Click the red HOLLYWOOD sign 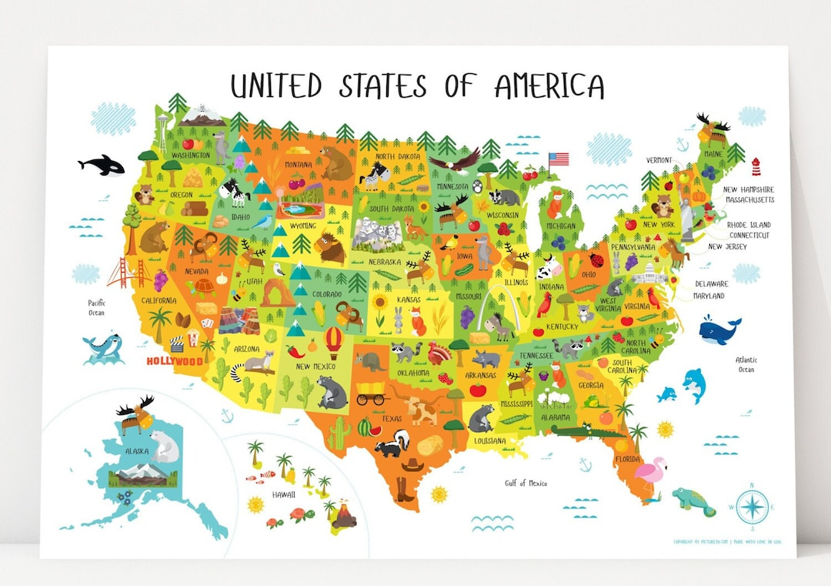[175, 360]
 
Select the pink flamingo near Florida [651, 472]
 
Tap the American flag [559, 159]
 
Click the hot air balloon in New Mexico [334, 341]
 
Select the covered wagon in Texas [370, 393]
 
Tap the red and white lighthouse [756, 166]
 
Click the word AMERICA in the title [549, 86]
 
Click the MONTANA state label [298, 165]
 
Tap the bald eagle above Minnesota [453, 160]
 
